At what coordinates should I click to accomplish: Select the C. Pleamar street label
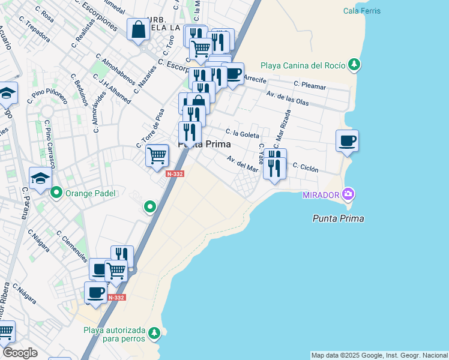coord(310,86)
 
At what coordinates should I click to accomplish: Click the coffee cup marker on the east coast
coord(347,142)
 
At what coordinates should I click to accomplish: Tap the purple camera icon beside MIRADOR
coord(348,194)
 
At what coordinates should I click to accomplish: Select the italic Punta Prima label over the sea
coord(338,218)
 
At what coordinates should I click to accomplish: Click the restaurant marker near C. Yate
coord(274,164)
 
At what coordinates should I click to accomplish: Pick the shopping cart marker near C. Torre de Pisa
coord(157,155)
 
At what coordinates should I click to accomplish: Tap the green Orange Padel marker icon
coord(56,193)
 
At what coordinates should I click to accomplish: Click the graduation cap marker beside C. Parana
coord(40,178)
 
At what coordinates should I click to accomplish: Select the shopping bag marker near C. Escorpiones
coord(138,29)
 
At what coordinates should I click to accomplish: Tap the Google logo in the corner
coord(19,353)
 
